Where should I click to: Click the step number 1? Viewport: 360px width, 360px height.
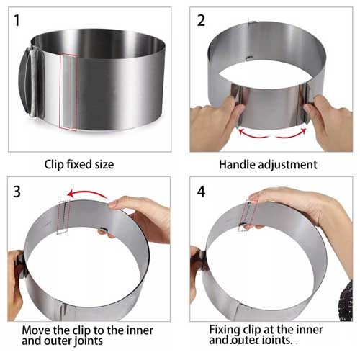tap(17, 20)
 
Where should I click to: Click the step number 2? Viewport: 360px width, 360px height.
tap(201, 20)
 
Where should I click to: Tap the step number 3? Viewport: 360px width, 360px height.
tap(17, 192)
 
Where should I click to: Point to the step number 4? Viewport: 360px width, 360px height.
tap(201, 192)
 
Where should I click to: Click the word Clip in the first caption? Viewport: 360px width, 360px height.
tap(54, 165)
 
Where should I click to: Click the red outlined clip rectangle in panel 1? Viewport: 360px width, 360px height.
tap(68, 92)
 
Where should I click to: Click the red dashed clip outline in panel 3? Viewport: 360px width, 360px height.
tap(63, 217)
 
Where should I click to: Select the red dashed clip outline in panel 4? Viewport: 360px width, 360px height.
tap(247, 215)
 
